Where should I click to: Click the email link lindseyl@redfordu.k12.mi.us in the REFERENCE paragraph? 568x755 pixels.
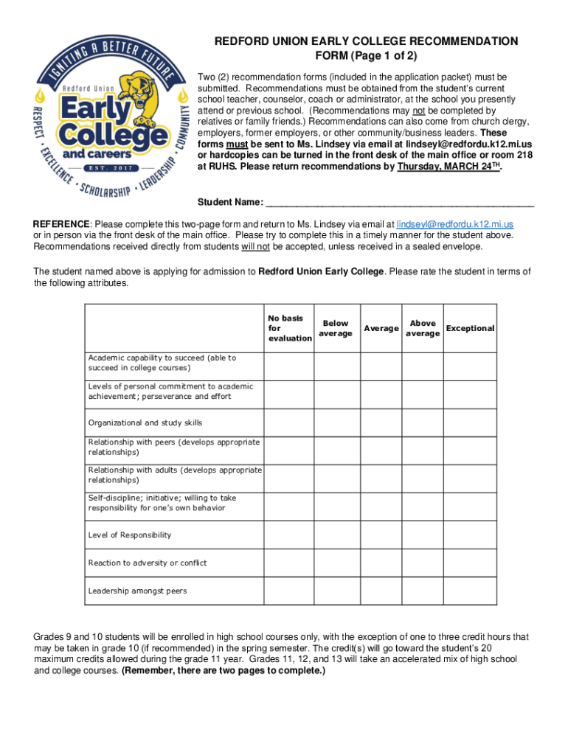[x=455, y=223]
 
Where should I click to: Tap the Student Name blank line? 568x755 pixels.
[x=399, y=202]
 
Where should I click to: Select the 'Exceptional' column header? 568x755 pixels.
[x=470, y=328]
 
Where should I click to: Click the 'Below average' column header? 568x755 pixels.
[x=336, y=328]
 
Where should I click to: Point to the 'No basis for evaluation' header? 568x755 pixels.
[x=289, y=328]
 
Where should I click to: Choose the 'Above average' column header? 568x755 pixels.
[x=423, y=328]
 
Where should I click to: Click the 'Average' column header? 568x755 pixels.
[x=381, y=328]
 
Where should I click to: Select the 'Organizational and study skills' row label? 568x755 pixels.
[x=145, y=423]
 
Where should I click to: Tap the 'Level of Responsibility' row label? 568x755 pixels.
[x=129, y=535]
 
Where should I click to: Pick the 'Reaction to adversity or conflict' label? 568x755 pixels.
[x=148, y=563]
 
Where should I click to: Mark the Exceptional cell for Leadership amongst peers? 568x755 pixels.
[x=470, y=591]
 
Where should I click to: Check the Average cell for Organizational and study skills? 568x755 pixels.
[x=381, y=423]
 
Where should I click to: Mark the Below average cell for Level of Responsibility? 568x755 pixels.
[x=336, y=535]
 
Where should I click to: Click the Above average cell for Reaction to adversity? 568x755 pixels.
[x=423, y=563]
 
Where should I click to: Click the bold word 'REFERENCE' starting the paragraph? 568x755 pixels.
[x=62, y=223]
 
